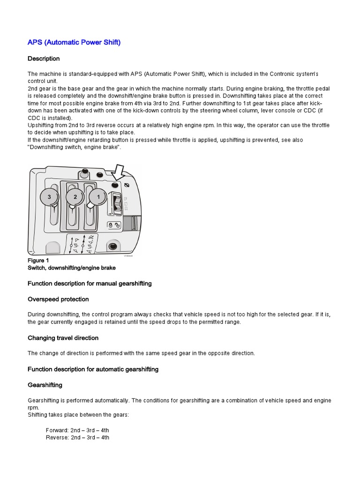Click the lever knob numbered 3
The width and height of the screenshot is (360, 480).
tap(49, 197)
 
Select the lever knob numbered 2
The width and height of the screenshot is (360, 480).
tap(75, 197)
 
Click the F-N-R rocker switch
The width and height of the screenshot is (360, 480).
tap(117, 202)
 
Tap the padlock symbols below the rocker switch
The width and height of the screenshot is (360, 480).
tap(114, 225)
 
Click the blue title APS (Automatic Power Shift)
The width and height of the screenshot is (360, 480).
tap(74, 42)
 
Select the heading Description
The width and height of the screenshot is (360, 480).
tap(44, 59)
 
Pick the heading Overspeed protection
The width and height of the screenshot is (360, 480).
tap(58, 299)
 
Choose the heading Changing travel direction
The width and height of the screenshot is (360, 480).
tap(63, 338)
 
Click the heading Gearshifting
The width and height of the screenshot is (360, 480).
tap(45, 385)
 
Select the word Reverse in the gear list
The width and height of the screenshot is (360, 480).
tap(57, 437)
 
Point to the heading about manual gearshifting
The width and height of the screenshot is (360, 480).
tap(90, 284)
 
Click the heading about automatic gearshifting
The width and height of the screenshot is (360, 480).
tap(93, 369)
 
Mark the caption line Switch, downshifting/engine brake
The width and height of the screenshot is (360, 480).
tap(71, 268)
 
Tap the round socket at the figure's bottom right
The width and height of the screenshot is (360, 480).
tap(112, 246)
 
